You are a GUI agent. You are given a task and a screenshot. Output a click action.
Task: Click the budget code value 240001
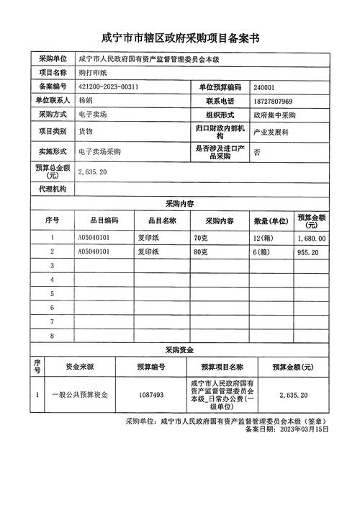(x=264, y=86)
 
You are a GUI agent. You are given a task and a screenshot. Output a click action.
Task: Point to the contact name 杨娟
(x=86, y=100)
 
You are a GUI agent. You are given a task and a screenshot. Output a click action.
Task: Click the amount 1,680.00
(x=311, y=238)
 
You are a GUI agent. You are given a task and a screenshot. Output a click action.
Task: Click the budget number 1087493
(x=150, y=396)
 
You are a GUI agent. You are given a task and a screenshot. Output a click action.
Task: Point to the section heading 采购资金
(x=180, y=349)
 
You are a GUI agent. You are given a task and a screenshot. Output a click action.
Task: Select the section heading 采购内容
(x=180, y=204)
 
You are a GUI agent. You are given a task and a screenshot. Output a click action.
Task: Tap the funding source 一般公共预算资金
(x=79, y=396)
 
